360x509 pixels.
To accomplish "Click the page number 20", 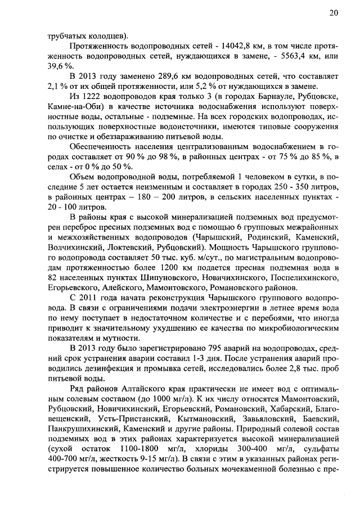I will point(334,13).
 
